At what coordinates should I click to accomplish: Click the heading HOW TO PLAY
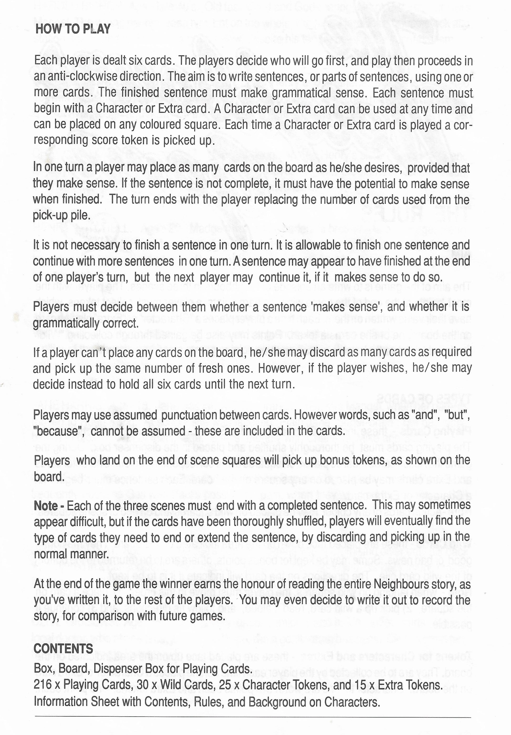click(73, 29)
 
